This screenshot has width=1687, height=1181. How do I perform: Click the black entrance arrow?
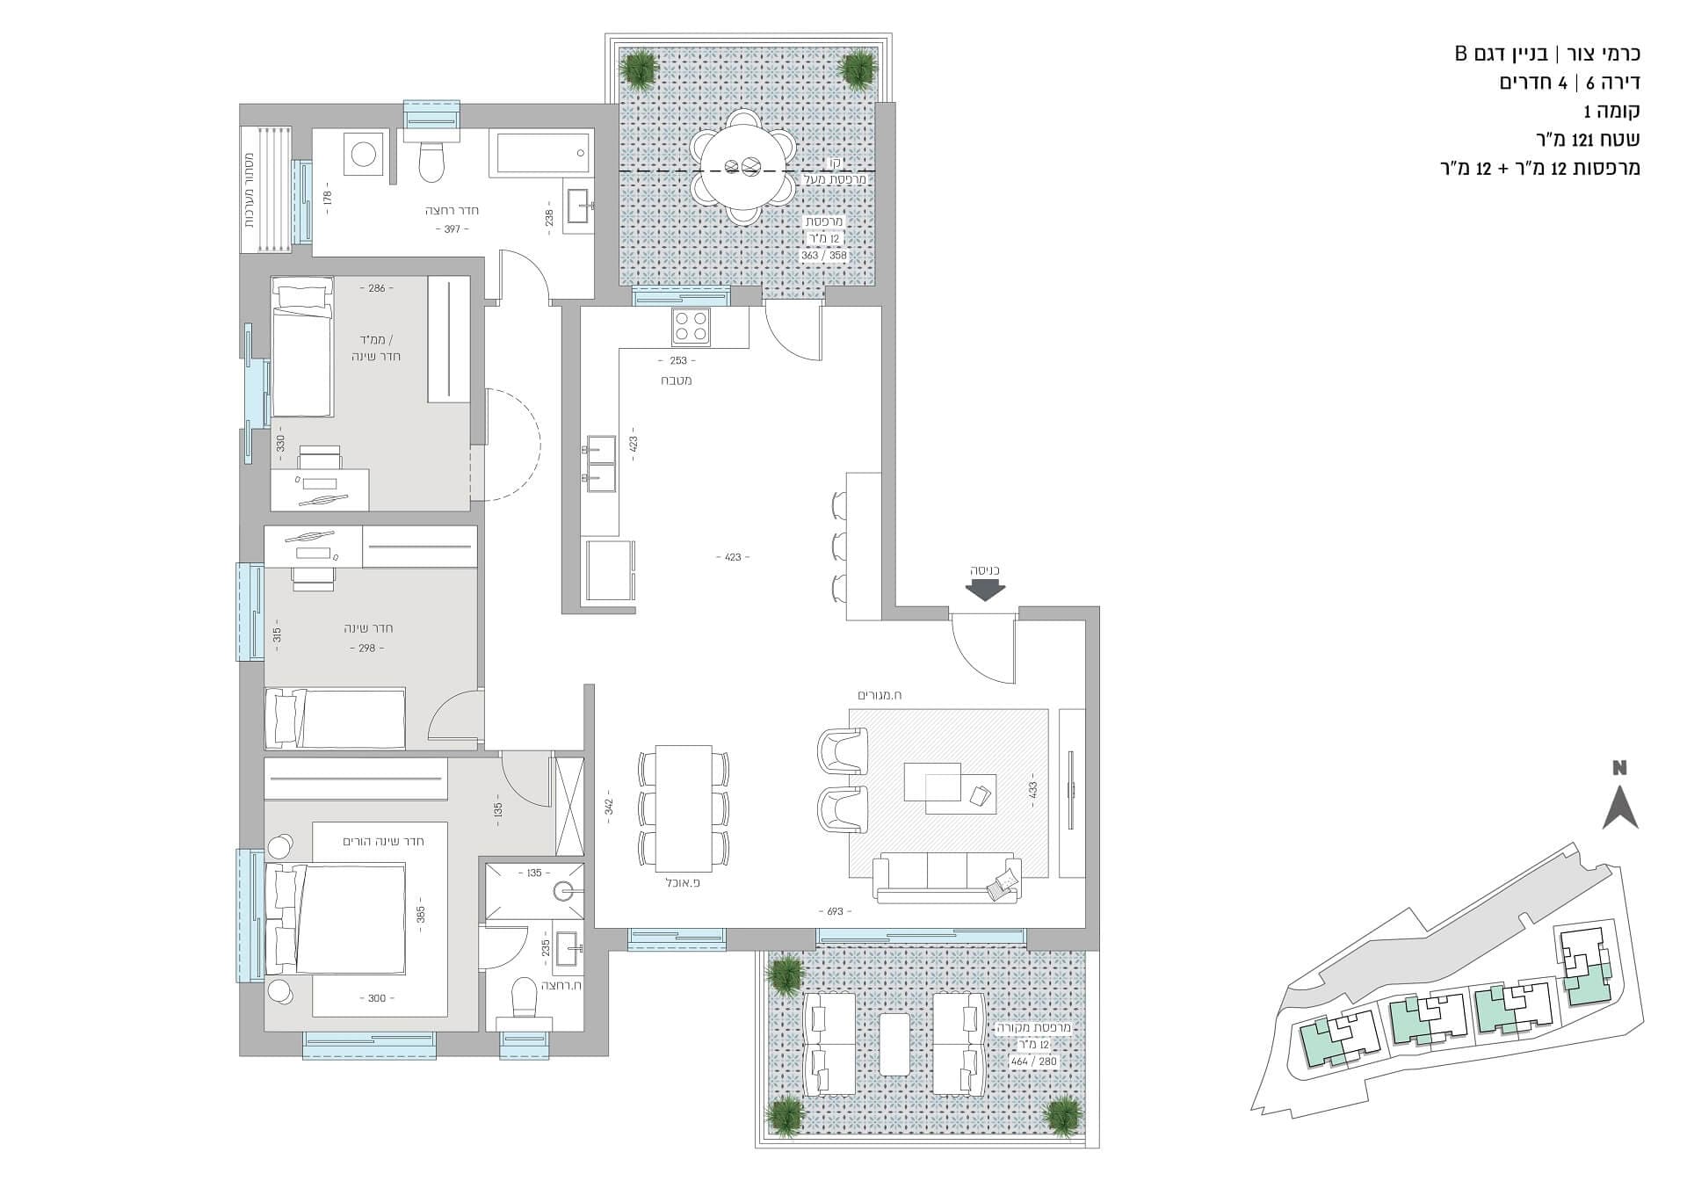[x=985, y=590]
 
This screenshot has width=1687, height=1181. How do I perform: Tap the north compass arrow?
[x=1619, y=808]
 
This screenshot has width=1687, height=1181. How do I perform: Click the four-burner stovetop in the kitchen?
[x=691, y=327]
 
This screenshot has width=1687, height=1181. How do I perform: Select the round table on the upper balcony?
[x=743, y=165]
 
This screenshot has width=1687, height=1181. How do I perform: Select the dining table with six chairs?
[x=684, y=808]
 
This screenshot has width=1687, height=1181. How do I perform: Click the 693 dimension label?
[x=835, y=911]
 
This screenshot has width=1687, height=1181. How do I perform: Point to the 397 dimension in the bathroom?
[x=452, y=229]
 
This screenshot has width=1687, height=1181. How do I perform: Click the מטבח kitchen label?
[x=677, y=380]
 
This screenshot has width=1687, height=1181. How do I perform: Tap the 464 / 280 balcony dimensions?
[x=1034, y=1061]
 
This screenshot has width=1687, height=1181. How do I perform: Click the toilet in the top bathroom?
[x=431, y=157]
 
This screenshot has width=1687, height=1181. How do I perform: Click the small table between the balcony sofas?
[x=894, y=1044]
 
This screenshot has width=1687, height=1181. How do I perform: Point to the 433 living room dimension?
[x=1033, y=790]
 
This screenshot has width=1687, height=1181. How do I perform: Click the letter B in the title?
[x=1460, y=54]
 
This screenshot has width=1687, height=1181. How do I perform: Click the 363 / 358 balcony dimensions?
[x=823, y=256]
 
